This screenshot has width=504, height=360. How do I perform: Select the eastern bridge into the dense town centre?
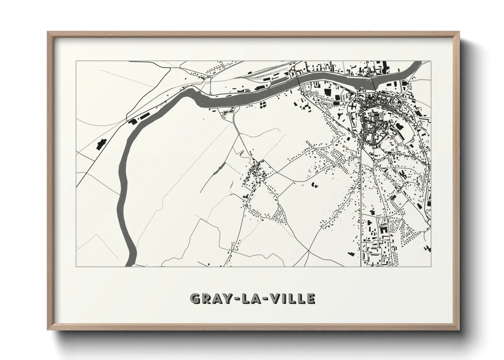click(x=373, y=84)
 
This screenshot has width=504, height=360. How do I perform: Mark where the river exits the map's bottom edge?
click(x=129, y=264)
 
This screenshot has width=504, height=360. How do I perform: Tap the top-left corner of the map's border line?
click(x=76, y=61)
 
